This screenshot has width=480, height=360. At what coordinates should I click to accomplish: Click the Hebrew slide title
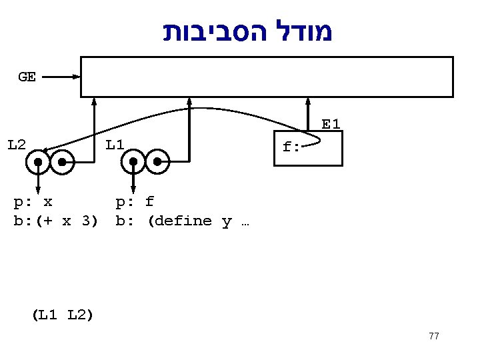click(x=248, y=31)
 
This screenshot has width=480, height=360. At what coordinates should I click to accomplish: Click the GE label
click(x=27, y=77)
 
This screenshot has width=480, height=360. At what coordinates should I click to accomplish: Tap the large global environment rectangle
click(x=267, y=77)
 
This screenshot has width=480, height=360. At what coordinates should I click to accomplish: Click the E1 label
click(x=331, y=124)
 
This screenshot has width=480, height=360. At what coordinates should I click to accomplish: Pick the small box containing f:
click(x=309, y=148)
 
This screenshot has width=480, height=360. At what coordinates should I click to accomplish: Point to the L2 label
click(x=17, y=144)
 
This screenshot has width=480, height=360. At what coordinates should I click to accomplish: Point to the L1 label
click(x=115, y=144)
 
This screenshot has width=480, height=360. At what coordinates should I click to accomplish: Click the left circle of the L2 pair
click(x=39, y=162)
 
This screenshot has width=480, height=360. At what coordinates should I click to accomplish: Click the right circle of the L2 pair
click(x=62, y=162)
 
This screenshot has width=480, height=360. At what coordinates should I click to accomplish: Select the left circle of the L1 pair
click(x=134, y=162)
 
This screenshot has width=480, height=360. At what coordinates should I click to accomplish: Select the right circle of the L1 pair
click(x=157, y=162)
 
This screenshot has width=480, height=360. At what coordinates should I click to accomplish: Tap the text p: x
click(x=33, y=201)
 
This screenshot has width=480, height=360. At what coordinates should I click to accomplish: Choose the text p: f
click(x=135, y=201)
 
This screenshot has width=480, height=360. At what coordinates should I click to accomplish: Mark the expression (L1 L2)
click(x=62, y=315)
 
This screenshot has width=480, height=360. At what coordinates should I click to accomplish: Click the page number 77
click(x=434, y=336)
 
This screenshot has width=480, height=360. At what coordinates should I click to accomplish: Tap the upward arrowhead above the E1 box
click(x=308, y=102)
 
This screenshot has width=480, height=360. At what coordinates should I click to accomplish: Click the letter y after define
click(x=227, y=221)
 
